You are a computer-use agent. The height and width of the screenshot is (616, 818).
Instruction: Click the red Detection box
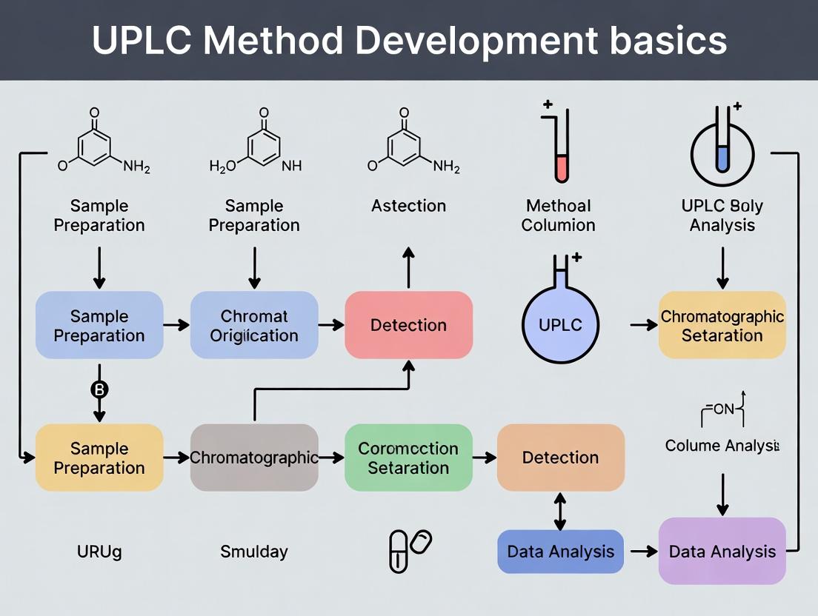click(x=408, y=325)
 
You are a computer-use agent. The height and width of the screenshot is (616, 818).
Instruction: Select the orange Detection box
click(x=560, y=458)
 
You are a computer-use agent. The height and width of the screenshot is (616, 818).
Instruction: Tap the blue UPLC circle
click(x=561, y=325)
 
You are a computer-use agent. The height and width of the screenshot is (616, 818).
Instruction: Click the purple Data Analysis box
click(x=722, y=552)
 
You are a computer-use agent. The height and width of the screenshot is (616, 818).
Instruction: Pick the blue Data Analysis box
click(x=560, y=552)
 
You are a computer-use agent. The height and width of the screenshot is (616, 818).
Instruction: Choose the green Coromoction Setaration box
click(x=408, y=458)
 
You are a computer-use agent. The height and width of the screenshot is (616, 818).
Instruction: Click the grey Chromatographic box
click(x=254, y=458)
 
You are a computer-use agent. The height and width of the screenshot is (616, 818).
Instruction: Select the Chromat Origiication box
click(x=254, y=325)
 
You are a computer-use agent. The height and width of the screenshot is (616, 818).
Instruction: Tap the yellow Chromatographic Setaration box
click(x=722, y=325)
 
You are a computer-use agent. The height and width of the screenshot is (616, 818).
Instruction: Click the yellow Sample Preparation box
click(x=99, y=458)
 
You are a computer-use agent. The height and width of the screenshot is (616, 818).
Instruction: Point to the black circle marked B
click(x=99, y=389)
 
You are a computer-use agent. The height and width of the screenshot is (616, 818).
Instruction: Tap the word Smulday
click(x=253, y=552)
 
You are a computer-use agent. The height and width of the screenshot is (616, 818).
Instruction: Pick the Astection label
click(x=408, y=206)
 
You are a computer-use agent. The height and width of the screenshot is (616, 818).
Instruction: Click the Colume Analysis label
click(x=722, y=446)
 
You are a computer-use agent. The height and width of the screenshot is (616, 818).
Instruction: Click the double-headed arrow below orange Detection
click(x=560, y=511)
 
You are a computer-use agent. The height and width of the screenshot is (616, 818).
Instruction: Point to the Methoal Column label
click(x=558, y=215)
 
